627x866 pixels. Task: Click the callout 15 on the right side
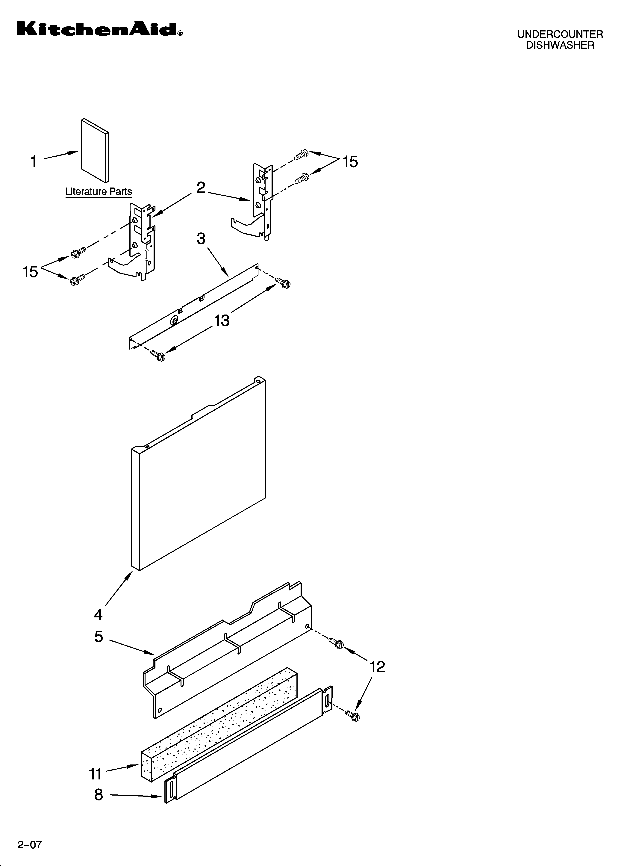(350, 162)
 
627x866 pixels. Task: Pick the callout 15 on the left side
(30, 272)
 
